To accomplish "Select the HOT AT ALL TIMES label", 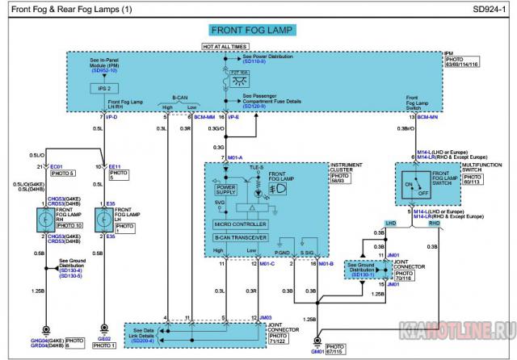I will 226,48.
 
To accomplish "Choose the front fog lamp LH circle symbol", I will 101,219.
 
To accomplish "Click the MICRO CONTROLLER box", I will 239,224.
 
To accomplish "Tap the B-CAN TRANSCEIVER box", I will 239,238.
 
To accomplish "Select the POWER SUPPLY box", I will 225,190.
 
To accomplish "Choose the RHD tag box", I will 435,222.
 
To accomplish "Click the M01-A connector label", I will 236,157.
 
